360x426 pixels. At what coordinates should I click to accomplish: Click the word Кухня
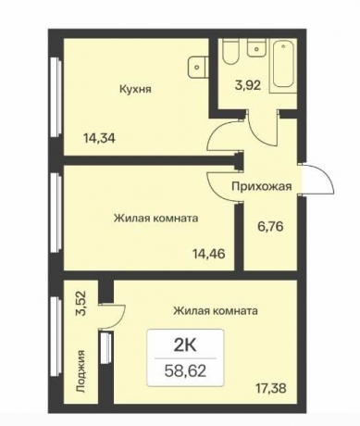135,90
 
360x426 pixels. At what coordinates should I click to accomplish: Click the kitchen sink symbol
196,66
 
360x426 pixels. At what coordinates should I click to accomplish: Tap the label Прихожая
262,185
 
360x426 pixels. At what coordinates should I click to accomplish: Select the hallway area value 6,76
270,222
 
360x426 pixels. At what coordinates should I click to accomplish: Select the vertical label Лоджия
82,370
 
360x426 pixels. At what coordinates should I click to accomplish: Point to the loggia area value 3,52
81,304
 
